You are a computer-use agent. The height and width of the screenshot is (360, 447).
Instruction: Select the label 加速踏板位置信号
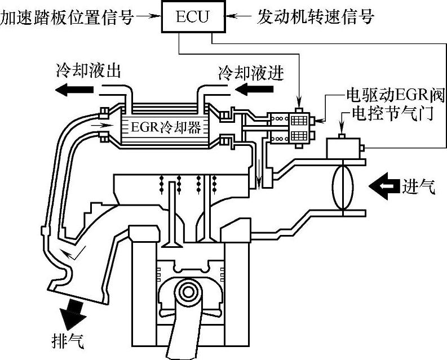67,17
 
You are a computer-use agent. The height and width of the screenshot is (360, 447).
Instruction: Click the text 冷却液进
250,73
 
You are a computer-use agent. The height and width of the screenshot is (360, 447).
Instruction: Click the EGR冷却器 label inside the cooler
165,127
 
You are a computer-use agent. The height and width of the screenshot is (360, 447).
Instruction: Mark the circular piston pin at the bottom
186,292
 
